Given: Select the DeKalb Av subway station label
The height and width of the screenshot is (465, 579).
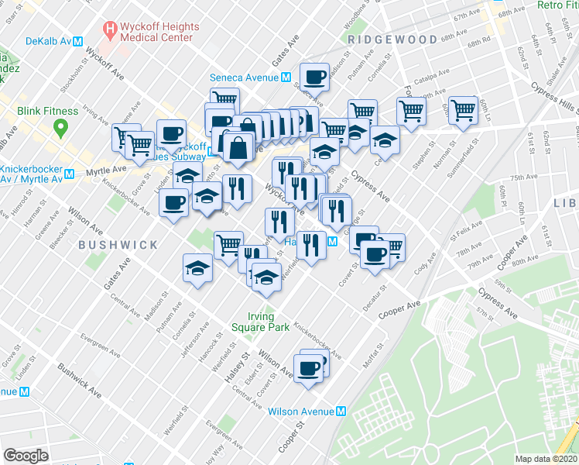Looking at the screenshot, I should click(x=49, y=41).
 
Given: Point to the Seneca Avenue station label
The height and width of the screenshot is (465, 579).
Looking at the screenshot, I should click(x=244, y=77).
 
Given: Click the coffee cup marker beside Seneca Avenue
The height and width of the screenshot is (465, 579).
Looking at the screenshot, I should click(x=314, y=77).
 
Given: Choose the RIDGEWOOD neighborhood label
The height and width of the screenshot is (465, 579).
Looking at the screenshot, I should click(x=382, y=39).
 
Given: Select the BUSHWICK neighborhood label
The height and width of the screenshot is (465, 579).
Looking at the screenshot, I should click(x=118, y=245).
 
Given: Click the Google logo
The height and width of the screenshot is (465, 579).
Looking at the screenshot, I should click(x=26, y=456).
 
